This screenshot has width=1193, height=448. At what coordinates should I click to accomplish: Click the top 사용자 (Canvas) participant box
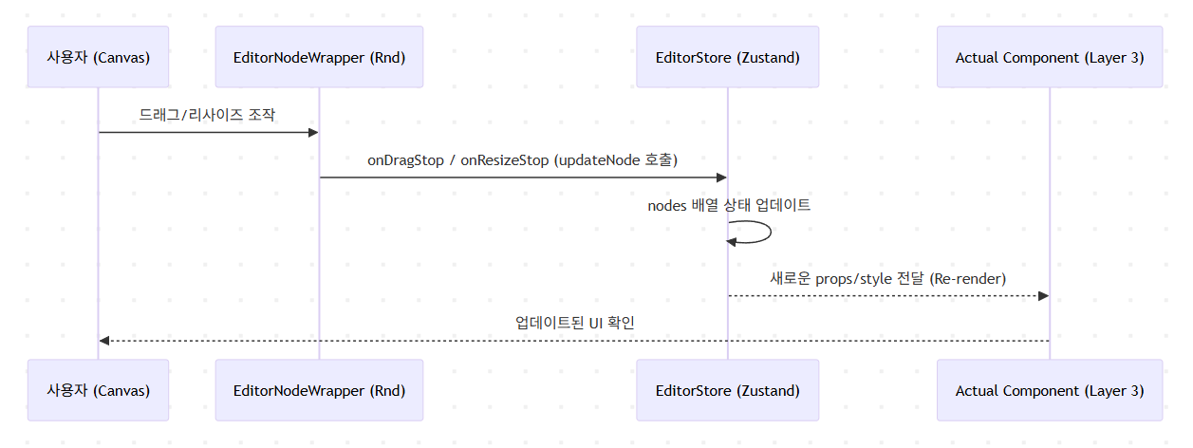pos(98,57)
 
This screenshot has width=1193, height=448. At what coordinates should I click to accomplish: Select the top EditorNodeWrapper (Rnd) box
pos(319,57)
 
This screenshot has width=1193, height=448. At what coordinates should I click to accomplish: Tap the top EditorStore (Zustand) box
pos(728,57)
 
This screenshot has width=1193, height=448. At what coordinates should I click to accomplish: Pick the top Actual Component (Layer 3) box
pos(1049,57)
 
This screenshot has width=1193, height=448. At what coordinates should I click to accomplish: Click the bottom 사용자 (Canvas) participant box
pos(98,390)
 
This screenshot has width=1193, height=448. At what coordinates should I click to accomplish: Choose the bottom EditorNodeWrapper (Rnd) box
pos(319,390)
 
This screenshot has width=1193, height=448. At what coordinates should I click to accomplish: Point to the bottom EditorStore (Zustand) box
pos(728,390)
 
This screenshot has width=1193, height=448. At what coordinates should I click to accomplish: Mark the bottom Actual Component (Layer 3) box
pos(1049,390)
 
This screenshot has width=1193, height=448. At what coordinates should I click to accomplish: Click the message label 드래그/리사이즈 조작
pos(208,114)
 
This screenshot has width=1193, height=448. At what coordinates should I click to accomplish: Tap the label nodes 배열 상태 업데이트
pos(729,205)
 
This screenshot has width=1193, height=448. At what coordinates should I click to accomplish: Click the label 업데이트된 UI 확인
pos(574,323)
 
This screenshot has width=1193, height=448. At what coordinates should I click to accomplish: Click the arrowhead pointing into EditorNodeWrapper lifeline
pos(312,133)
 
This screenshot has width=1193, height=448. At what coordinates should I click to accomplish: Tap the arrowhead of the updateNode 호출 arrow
pos(720,177)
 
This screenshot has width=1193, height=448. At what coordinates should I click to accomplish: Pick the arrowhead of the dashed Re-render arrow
pos(1042,296)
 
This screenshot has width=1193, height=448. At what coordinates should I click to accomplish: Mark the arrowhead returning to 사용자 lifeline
pos(104,341)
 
